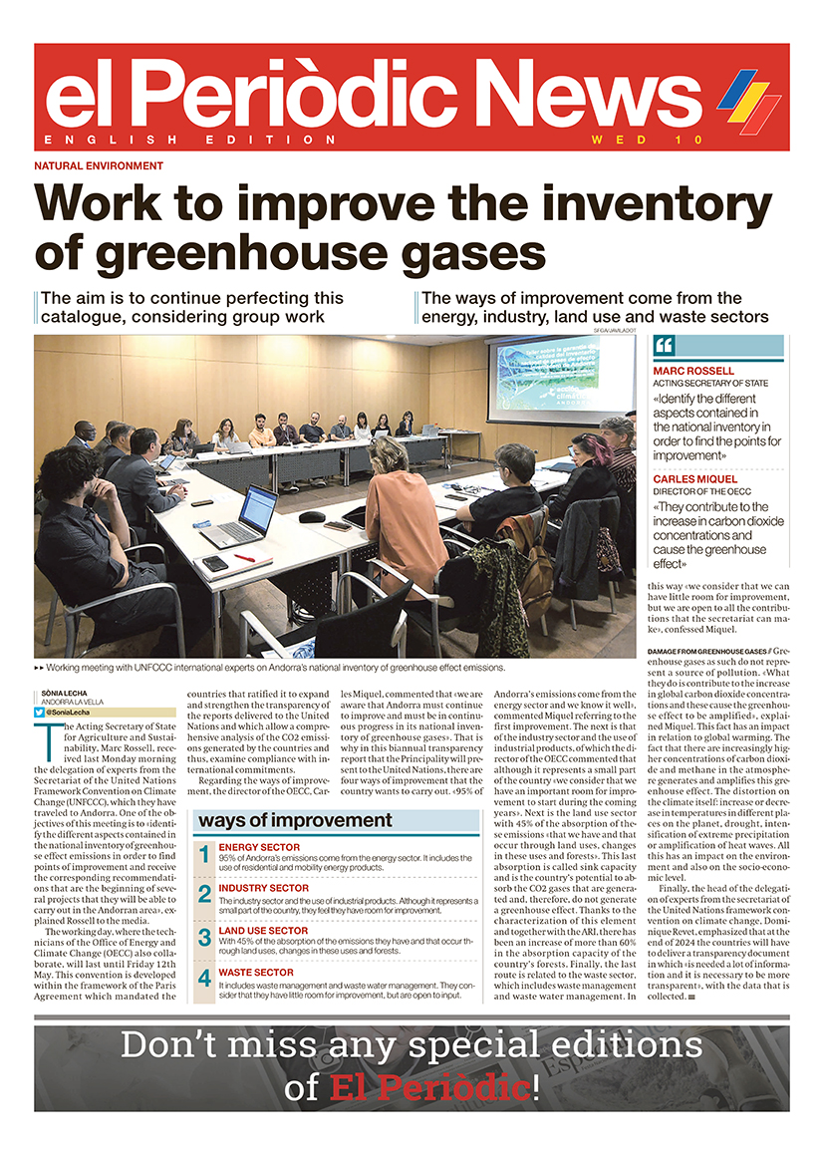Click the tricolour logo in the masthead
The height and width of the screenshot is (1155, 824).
coord(749,100)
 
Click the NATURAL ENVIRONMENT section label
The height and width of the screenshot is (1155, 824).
coord(99,166)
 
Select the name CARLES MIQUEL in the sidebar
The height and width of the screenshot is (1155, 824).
coord(694,479)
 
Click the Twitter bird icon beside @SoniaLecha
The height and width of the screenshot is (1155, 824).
coord(40,712)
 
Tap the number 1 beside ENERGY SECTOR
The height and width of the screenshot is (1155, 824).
coord(203,854)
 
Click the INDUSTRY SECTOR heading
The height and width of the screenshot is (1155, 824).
coord(263,887)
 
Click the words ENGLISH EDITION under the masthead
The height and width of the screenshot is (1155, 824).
coord(191,141)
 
